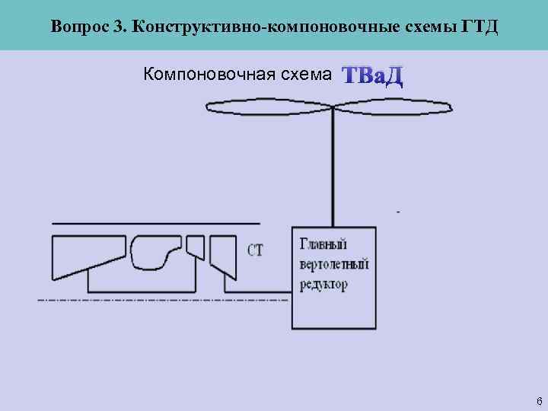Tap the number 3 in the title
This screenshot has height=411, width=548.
[118, 27]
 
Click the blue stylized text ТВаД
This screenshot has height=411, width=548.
[372, 76]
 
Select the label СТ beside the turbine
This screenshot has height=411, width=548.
[255, 250]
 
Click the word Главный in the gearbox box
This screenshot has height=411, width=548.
[323, 244]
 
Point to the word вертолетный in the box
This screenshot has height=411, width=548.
[333, 264]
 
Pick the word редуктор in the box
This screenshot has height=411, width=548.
[323, 285]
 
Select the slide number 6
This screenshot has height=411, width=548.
[539, 400]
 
